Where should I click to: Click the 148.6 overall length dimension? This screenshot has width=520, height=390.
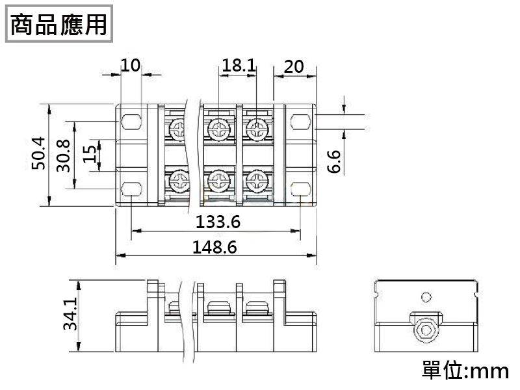point(214,247)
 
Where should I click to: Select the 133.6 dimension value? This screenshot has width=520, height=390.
point(218,222)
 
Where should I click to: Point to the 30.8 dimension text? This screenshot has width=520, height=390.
point(63,155)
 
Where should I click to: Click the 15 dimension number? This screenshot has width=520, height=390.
point(89,154)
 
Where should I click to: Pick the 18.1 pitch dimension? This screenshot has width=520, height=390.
point(239,65)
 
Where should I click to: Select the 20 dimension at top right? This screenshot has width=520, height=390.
point(294,67)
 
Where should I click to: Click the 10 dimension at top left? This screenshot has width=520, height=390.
point(131,65)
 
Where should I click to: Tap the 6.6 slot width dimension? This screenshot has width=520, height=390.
point(334,161)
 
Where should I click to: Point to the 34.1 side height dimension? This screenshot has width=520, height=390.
point(70,314)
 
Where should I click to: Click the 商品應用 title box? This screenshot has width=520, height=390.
point(59,24)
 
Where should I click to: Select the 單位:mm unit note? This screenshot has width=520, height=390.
point(465,370)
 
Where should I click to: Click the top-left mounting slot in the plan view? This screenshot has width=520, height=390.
point(132,122)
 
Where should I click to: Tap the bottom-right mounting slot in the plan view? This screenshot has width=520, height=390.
point(300,189)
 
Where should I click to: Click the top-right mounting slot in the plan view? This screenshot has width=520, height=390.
point(300,122)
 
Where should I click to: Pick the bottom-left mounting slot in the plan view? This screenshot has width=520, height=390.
point(132,189)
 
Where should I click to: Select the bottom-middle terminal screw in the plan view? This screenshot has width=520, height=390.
point(219,181)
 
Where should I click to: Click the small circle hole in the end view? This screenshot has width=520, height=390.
point(426,297)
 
